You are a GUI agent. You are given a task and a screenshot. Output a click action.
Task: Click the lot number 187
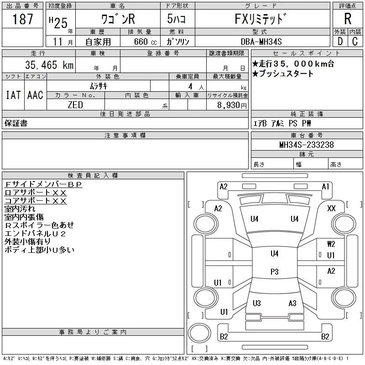(x=22, y=19)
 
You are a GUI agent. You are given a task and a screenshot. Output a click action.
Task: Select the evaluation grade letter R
(x=348, y=19)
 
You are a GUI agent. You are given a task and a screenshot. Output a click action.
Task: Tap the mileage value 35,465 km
(x=49, y=65)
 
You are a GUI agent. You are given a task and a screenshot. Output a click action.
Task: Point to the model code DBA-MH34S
(x=261, y=42)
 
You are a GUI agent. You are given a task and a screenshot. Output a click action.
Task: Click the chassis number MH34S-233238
(x=307, y=145)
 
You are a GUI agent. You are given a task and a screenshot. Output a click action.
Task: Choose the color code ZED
(x=75, y=105)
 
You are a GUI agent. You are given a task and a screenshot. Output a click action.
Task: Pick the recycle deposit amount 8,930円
(x=232, y=105)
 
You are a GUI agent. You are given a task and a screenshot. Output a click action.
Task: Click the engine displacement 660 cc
(x=145, y=42)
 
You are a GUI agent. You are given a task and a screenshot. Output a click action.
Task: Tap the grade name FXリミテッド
(x=261, y=19)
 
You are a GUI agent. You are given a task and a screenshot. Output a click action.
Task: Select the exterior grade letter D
(x=340, y=42)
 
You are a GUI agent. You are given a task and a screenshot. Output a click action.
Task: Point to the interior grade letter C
(x=355, y=42)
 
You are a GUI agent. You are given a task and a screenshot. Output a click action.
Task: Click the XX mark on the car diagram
(x=331, y=209)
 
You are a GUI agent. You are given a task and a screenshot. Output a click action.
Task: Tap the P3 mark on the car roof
(x=275, y=272)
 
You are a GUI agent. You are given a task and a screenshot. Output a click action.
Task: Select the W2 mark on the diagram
(x=331, y=244)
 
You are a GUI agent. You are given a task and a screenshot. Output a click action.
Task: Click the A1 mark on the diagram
(x=325, y=187)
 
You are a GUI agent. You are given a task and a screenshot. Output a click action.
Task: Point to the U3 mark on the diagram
(x=257, y=303)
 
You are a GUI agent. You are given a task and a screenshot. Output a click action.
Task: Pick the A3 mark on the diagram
(x=292, y=303)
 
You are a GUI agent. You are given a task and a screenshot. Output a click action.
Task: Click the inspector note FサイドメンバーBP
(x=43, y=184)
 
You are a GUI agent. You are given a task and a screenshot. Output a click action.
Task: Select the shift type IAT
(x=13, y=95)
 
